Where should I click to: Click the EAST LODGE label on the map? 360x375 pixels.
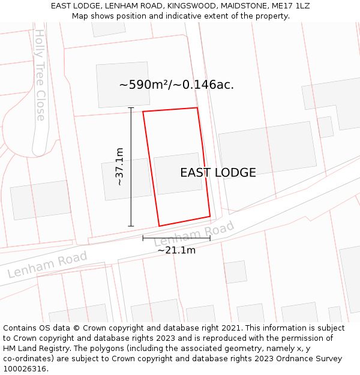click(218, 173)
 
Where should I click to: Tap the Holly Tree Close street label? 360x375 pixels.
click(40, 75)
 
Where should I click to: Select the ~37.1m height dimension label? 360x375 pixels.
click(119, 166)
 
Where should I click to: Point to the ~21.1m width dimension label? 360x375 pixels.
click(176, 250)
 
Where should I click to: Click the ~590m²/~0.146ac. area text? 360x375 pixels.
click(176, 85)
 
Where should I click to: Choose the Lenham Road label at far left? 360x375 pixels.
click(47, 265)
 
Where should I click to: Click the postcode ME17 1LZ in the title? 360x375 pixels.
click(290, 6)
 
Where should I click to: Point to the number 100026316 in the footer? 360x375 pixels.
click(26, 369)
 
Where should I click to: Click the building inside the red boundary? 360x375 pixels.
click(178, 173)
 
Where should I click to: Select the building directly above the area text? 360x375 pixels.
click(123, 84)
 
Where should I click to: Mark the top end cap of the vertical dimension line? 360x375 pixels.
click(131, 108)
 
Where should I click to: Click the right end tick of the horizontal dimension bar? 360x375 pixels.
click(210, 238)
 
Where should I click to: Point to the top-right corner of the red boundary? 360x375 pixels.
click(197, 108)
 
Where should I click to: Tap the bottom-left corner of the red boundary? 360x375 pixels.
click(159, 226)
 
